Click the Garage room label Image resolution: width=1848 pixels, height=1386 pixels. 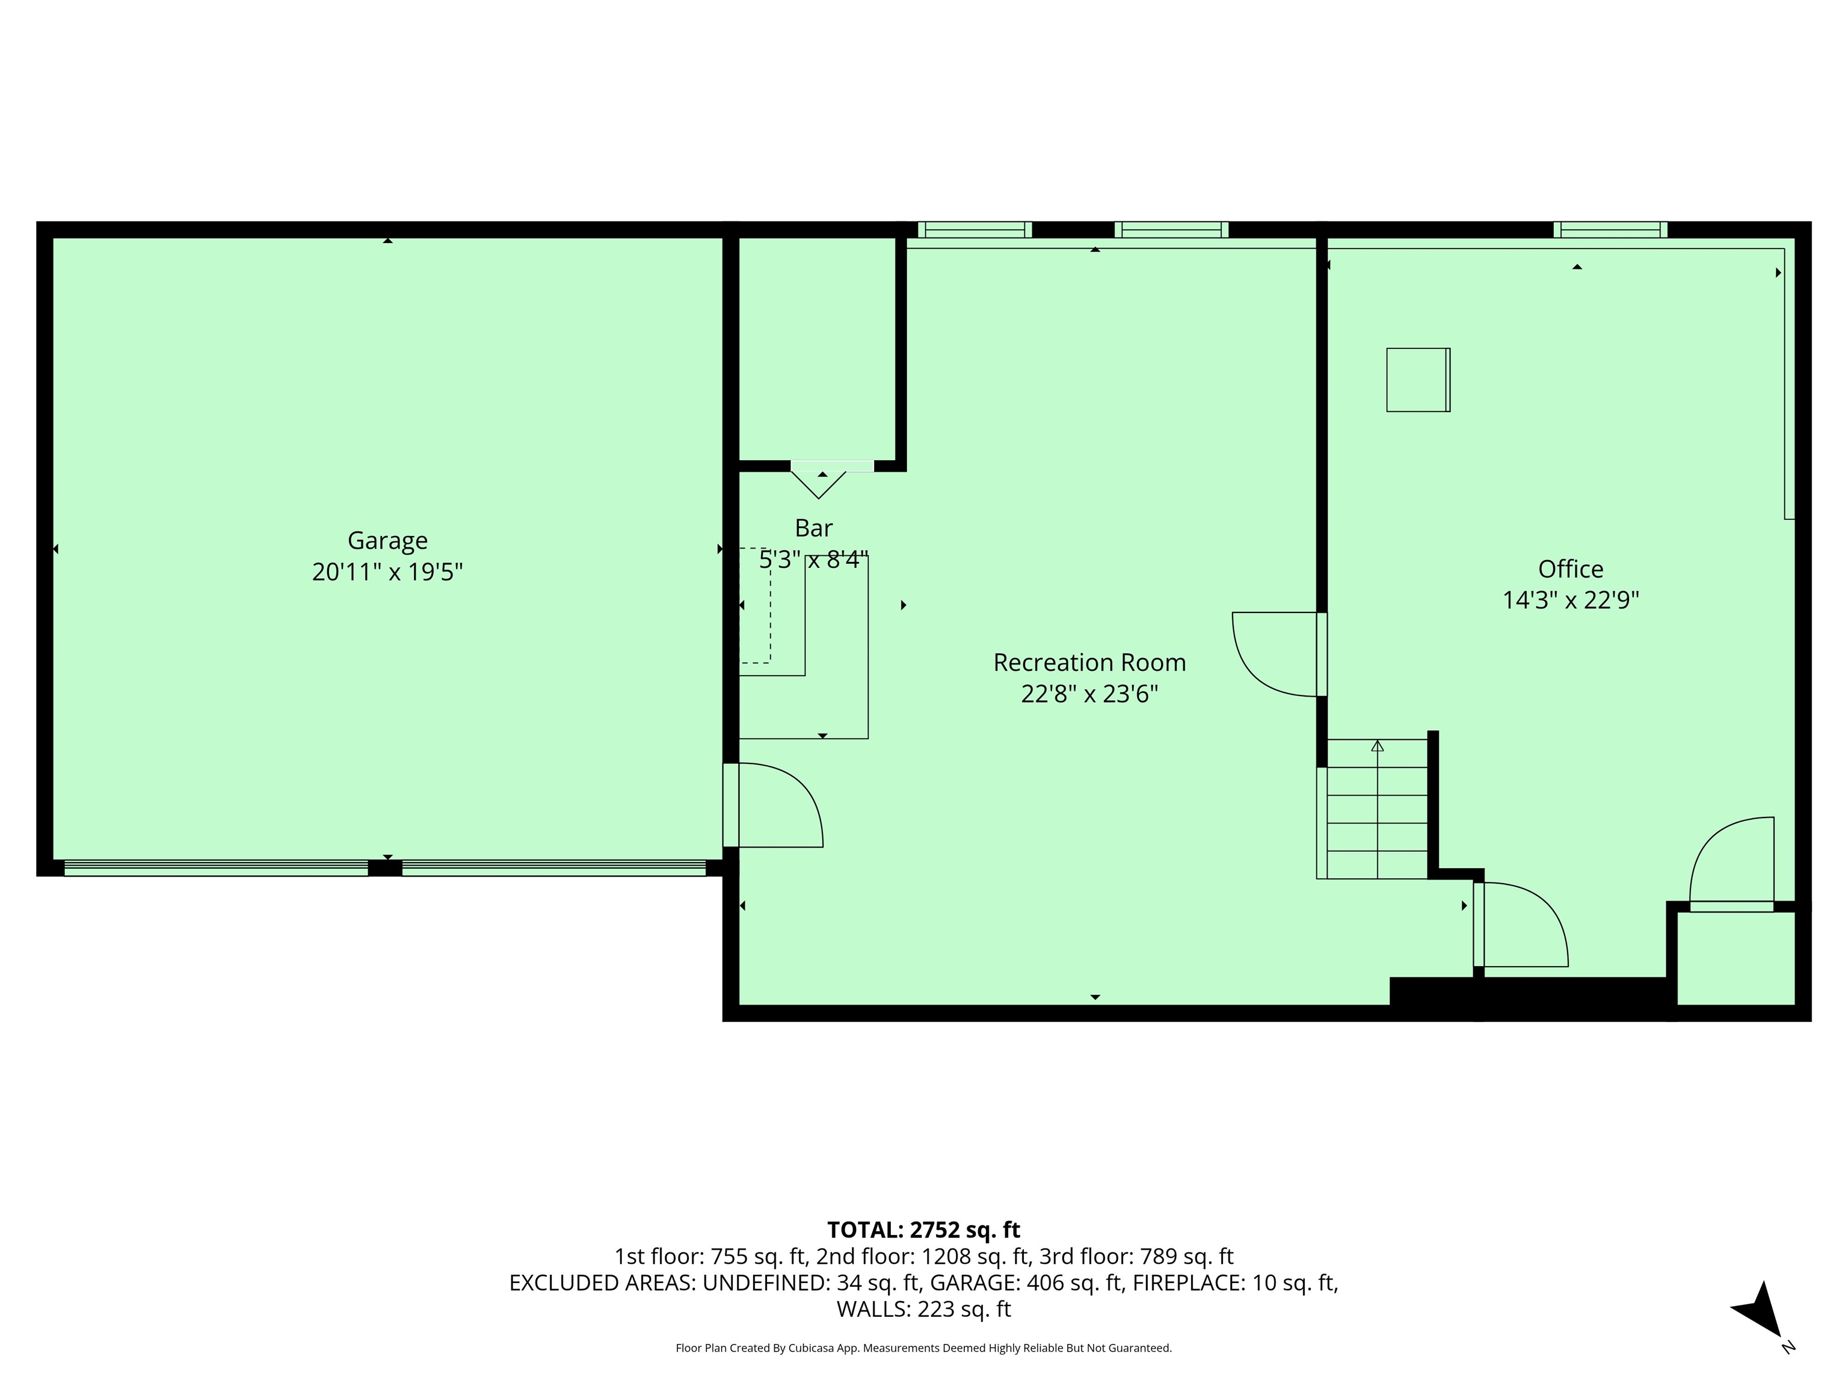coord(387,541)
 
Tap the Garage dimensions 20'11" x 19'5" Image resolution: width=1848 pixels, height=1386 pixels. coord(387,572)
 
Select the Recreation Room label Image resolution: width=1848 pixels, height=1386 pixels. coord(1089,662)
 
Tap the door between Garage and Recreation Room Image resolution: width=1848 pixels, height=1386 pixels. coord(773,805)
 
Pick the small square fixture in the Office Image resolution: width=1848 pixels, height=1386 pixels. coord(1418,380)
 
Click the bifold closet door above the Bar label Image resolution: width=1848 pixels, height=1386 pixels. coord(819,481)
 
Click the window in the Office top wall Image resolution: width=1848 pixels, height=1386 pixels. coord(1610,230)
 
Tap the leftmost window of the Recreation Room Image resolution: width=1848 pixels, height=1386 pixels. coord(974,230)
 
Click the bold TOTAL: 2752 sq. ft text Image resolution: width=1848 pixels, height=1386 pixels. coord(923,1230)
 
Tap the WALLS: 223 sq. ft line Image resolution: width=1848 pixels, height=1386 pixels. coord(923,1309)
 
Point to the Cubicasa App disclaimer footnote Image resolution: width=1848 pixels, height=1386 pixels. coord(923,1347)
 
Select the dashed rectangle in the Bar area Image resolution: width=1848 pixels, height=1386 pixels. coord(755,606)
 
